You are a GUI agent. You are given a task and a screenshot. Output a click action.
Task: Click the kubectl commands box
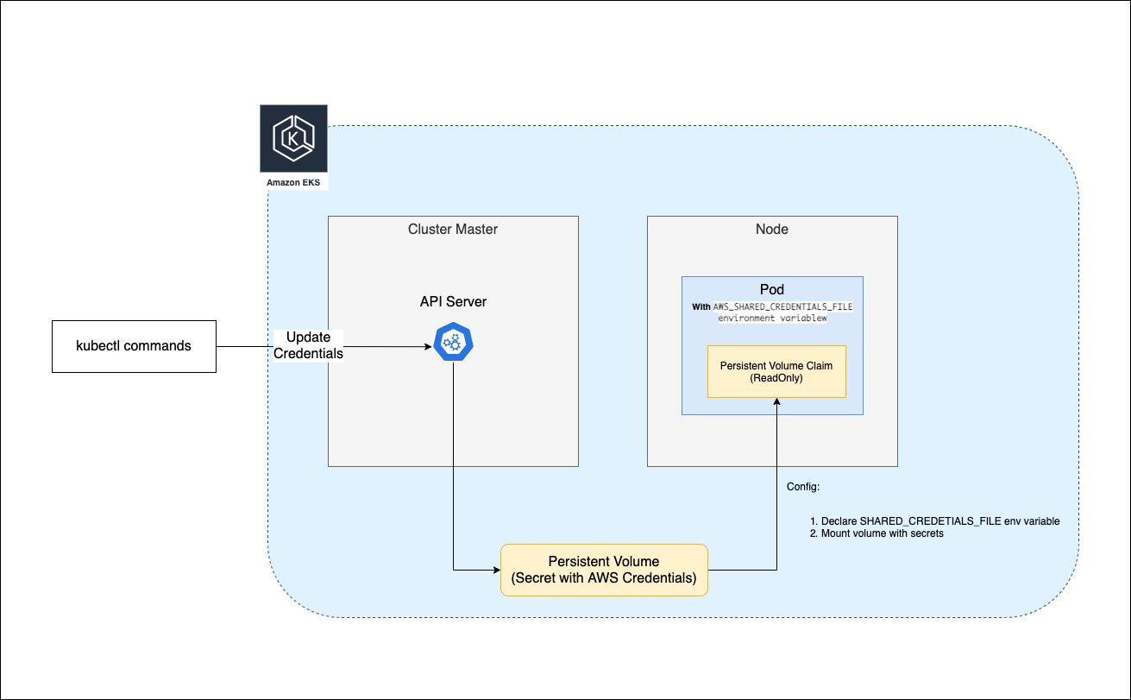tap(134, 346)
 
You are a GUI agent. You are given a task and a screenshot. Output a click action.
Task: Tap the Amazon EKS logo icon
tap(293, 138)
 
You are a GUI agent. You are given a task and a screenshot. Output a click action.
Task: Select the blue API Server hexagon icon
tap(453, 343)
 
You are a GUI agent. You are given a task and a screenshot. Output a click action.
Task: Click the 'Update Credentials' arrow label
tap(309, 345)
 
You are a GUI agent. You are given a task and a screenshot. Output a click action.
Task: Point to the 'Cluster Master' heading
tap(453, 229)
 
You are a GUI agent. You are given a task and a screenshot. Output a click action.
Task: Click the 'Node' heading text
tap(772, 229)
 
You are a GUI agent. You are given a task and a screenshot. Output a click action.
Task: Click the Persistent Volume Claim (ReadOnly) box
tap(776, 371)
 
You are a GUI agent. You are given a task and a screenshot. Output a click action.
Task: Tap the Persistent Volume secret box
tap(604, 570)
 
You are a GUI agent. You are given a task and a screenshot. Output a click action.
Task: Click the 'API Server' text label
tap(453, 302)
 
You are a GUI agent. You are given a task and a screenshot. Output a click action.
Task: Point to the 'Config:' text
tap(803, 487)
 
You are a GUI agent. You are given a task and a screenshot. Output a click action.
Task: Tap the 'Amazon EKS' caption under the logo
tap(293, 183)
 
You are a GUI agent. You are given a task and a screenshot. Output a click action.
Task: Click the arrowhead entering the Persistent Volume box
tap(495, 570)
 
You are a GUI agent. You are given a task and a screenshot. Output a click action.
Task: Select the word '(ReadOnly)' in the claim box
tap(776, 377)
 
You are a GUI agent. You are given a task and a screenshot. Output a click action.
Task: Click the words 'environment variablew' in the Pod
tap(772, 318)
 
